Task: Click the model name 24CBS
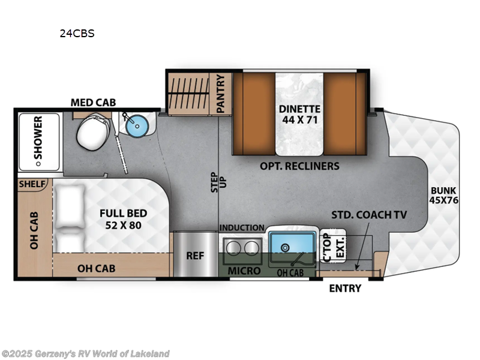point(77,34)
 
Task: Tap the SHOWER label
point(38,142)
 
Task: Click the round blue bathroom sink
point(137,127)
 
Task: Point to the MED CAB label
point(93,103)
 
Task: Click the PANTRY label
point(220,93)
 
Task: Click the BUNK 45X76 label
point(443,196)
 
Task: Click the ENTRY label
point(345,288)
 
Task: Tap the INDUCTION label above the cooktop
point(242,227)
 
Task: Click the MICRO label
point(245,271)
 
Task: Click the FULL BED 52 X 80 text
point(123,218)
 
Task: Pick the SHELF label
point(33,184)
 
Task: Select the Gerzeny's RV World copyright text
point(85,353)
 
